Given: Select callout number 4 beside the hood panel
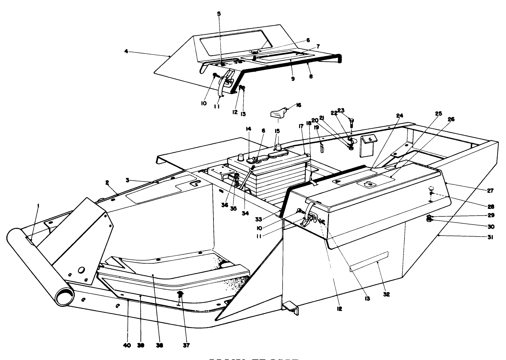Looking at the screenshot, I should click(126, 51).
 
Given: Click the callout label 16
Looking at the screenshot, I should click(298, 105).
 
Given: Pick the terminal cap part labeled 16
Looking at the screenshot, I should click(279, 113).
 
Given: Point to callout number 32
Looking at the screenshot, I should click(386, 294).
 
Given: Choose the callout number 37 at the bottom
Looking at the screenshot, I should click(186, 345).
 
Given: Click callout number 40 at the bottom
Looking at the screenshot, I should click(127, 345).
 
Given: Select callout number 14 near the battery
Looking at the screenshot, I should click(248, 129).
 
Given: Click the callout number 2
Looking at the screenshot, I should click(107, 183).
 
